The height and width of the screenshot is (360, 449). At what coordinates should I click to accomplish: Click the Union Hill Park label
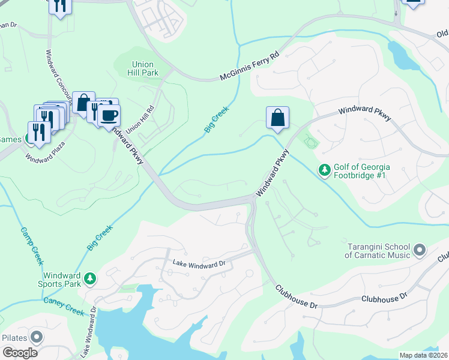[142, 69]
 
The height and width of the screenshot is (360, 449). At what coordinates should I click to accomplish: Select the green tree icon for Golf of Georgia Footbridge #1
[325, 171]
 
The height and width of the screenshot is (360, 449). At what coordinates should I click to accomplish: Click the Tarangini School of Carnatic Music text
[378, 251]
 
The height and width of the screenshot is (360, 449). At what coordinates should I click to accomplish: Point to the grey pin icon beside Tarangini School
[420, 248]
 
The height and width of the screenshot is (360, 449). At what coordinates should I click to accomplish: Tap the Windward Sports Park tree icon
[90, 278]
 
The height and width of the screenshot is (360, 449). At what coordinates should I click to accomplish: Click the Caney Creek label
[63, 295]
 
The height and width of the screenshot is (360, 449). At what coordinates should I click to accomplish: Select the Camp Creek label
[32, 245]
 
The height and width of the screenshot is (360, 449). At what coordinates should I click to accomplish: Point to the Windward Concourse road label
[53, 76]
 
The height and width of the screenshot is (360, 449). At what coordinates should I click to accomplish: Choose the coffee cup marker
[109, 115]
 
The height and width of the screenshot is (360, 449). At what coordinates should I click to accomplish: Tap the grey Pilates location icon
[37, 337]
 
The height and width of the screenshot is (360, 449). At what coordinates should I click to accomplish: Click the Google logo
[20, 353]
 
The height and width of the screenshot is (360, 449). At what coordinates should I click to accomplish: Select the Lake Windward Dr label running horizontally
[198, 263]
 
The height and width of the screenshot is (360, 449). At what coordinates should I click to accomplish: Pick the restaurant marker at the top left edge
[59, 6]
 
